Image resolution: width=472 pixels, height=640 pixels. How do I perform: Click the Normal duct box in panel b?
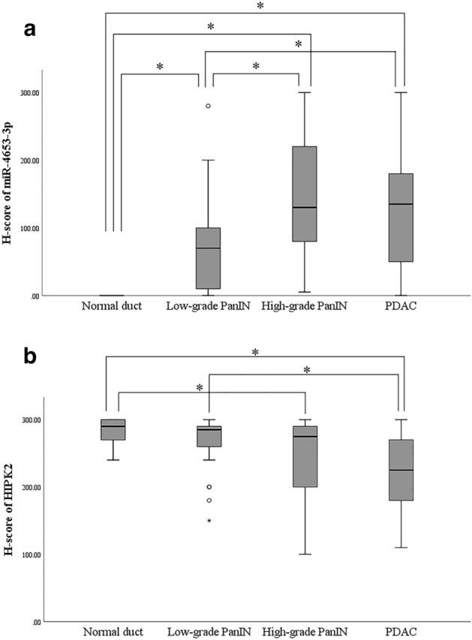point(113,429)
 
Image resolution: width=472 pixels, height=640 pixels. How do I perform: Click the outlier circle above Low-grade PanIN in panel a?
point(208,106)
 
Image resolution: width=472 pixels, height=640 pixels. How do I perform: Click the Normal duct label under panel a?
point(112,306)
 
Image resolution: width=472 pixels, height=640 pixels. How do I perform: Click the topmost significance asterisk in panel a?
point(260,6)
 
